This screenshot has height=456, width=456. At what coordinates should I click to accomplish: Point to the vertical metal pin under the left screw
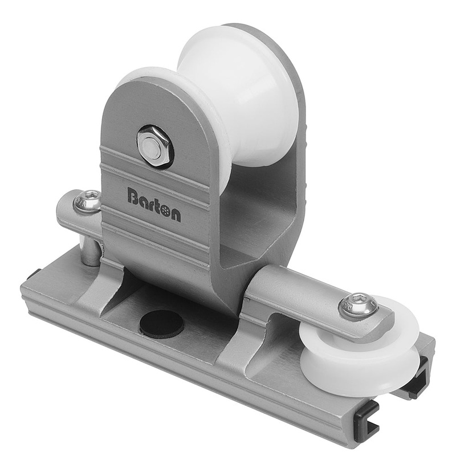pos(89,251)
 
